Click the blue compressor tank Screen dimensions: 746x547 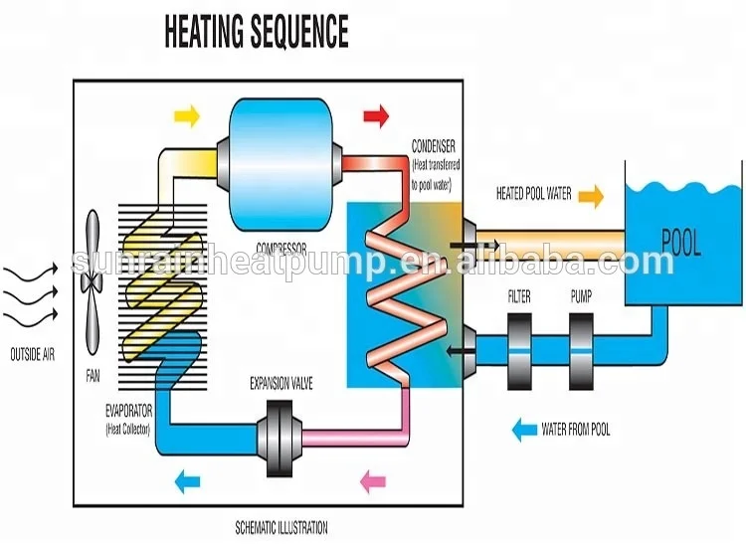click(280, 165)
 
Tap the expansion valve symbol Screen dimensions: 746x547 click(280, 438)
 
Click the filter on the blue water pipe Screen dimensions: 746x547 click(519, 351)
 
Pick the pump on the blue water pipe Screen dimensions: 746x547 click(581, 351)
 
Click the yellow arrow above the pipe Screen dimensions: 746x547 click(187, 115)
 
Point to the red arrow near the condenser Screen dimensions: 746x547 click(376, 116)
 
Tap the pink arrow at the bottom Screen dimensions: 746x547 click(373, 481)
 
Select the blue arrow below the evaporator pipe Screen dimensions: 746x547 click(187, 481)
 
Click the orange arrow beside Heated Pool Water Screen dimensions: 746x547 click(591, 196)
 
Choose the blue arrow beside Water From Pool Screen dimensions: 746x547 click(524, 430)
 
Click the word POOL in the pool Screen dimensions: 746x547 click(681, 243)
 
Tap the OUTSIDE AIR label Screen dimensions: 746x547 click(33, 354)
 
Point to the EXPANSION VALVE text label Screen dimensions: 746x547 click(281, 383)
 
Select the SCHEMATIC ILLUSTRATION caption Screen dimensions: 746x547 click(281, 527)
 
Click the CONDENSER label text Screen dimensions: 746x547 click(434, 146)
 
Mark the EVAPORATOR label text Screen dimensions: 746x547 click(128, 411)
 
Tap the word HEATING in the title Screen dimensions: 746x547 click(203, 31)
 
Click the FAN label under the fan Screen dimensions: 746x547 click(93, 376)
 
